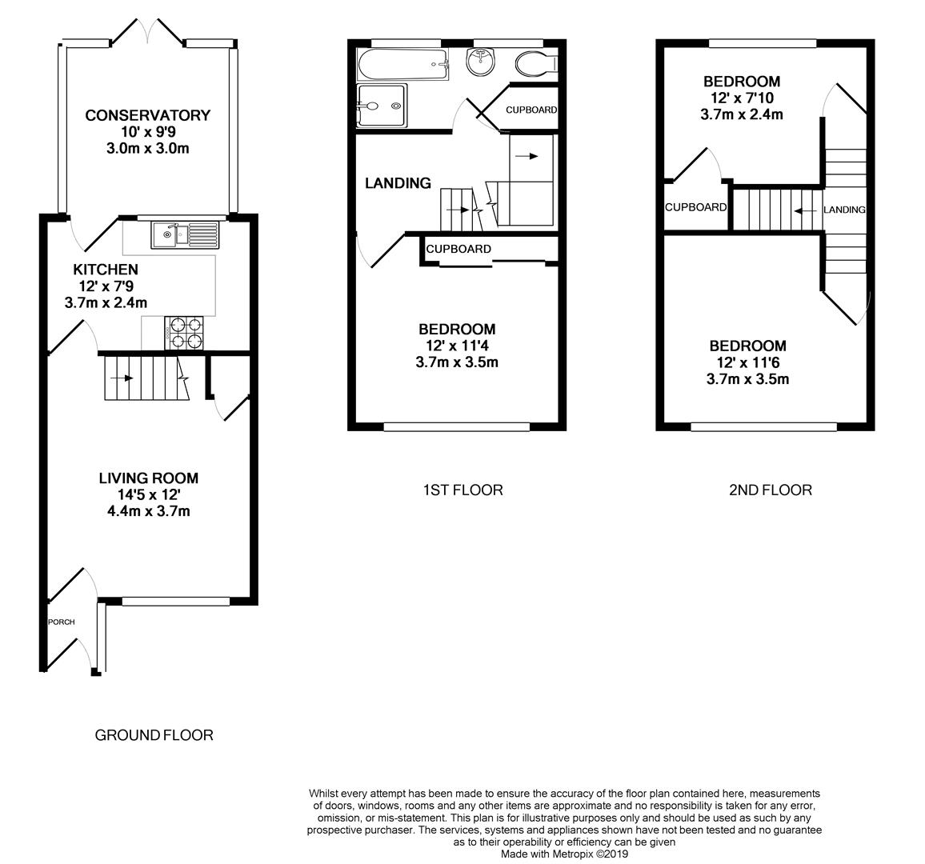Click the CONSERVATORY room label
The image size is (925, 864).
[147, 115]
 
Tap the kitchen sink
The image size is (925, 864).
[185, 234]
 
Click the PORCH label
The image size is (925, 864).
[61, 622]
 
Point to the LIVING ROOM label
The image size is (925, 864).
[148, 478]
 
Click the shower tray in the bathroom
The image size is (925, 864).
[382, 106]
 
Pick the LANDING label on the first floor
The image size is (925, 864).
[398, 183]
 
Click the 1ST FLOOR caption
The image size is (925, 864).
[463, 490]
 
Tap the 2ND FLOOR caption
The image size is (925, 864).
[770, 490]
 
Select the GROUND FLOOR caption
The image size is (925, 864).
[154, 734]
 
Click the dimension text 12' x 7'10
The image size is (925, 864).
[741, 98]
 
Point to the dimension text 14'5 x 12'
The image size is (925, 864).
[148, 494]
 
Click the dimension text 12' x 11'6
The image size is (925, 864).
[747, 362]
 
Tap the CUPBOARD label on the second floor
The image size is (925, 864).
[695, 207]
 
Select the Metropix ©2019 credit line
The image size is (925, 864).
[565, 854]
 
